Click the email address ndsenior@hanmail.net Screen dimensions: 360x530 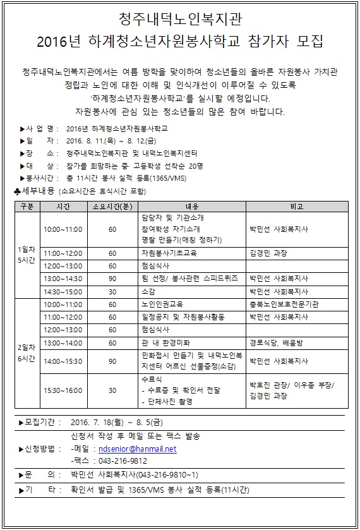(x=137, y=449)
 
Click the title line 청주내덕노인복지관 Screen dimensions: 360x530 (x=180, y=17)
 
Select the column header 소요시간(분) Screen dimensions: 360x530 (x=112, y=206)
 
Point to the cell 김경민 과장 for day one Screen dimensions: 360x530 (x=266, y=252)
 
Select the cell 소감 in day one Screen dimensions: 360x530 (x=148, y=291)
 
